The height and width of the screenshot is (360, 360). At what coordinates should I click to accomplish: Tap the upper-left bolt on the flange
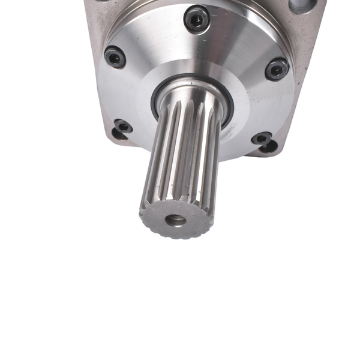115,57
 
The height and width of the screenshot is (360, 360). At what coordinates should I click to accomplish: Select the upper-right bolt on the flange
277,68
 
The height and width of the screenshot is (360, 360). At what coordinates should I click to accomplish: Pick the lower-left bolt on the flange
123,127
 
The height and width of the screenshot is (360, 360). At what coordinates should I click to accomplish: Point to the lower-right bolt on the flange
261,139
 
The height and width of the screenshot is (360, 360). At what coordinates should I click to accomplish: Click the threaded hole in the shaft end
175,220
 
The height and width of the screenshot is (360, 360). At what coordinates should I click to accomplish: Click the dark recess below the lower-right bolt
269,147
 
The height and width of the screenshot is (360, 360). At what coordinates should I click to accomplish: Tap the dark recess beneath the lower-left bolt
118,134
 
